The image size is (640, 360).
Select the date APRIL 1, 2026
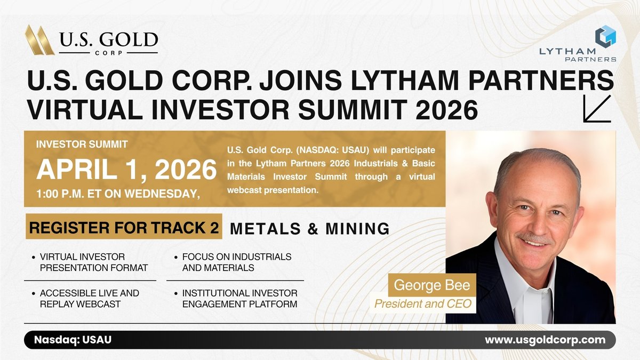pos(126,170)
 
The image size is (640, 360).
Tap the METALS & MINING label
pos(309,228)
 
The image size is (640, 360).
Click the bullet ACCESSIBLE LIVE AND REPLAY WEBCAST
pos(89,299)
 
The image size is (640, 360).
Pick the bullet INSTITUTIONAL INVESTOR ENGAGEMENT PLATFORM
pos(239,299)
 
